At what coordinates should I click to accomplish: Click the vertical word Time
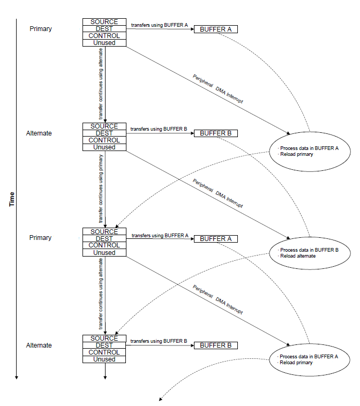pos(12,199)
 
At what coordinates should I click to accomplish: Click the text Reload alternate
pos(298,256)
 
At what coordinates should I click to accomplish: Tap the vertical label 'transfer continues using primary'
pos(101,189)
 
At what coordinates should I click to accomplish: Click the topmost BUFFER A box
pos(216,29)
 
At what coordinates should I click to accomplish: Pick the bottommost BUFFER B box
pos(216,345)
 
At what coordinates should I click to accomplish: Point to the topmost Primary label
pos(41,29)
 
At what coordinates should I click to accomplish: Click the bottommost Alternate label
pos(39,345)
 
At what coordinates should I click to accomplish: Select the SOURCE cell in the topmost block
pos(104,22)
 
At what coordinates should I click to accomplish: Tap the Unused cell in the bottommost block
pos(104,359)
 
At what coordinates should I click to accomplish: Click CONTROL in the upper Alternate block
pos(104,140)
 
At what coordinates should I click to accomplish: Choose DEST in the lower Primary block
pos(104,238)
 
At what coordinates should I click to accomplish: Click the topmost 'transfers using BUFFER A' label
pos(159,25)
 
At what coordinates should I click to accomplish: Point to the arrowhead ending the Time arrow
pos(16,378)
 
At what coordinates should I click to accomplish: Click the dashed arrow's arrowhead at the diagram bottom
pos(160,399)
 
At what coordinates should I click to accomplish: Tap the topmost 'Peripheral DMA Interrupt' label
pos(218,89)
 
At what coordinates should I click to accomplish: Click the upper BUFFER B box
pos(216,133)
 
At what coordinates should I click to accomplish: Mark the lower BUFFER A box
pos(216,239)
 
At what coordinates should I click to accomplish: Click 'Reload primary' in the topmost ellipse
pos(297,154)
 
